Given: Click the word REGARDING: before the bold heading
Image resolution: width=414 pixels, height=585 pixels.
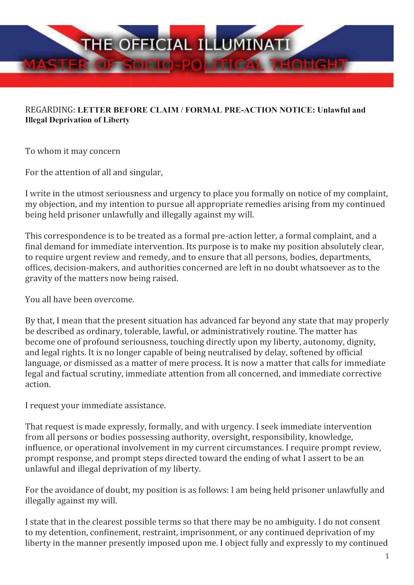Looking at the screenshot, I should (x=50, y=110).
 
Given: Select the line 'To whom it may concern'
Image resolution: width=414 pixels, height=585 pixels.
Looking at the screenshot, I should (x=72, y=151).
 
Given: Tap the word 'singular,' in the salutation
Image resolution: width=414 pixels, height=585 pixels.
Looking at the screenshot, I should (x=146, y=172).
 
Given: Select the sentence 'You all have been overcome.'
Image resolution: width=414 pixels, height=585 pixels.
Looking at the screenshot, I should (x=79, y=300).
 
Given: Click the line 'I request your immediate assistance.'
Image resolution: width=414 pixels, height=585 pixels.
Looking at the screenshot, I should (x=95, y=405).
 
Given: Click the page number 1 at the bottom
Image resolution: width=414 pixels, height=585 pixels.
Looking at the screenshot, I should (x=387, y=556).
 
